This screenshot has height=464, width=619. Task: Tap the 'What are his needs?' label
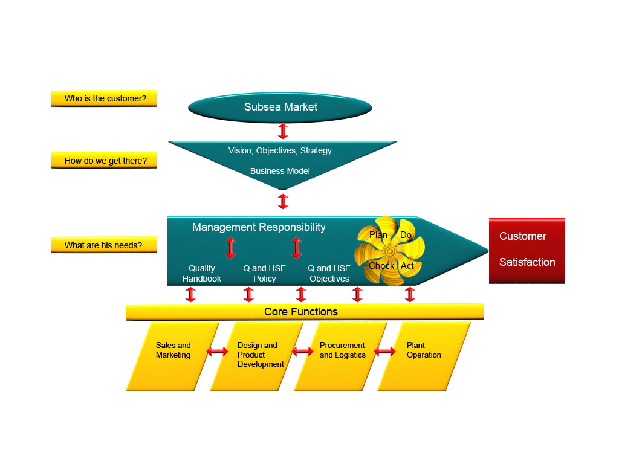(104, 245)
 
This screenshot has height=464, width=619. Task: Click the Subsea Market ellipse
(280, 108)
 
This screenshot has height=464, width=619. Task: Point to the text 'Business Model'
(280, 171)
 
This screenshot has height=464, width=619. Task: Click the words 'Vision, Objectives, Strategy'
(280, 150)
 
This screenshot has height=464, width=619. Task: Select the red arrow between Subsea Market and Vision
(283, 132)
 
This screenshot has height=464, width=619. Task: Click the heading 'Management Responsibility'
(259, 227)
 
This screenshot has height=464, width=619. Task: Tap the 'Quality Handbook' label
(202, 274)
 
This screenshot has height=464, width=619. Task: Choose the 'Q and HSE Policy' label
(265, 274)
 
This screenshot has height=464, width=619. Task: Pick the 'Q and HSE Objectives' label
(329, 274)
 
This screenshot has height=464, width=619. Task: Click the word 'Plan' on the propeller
(378, 235)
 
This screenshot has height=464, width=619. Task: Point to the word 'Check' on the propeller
(381, 266)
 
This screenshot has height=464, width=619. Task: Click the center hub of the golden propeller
(389, 250)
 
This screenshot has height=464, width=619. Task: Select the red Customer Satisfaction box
(527, 250)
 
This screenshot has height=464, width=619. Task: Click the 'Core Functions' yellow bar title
(301, 312)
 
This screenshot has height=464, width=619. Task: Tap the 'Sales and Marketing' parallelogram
(173, 356)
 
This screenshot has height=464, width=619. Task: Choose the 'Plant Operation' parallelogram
(424, 356)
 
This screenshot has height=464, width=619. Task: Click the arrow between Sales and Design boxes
(218, 350)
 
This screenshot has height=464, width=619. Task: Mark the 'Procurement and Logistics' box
(342, 356)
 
